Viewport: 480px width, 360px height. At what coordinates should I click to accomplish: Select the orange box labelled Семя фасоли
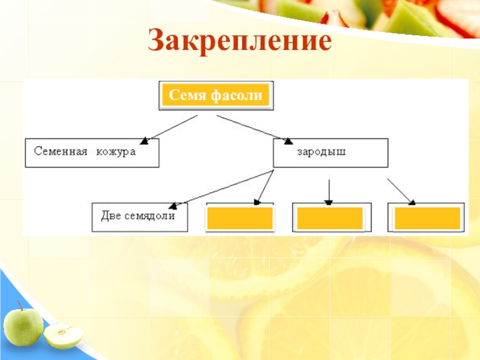(x=215, y=95)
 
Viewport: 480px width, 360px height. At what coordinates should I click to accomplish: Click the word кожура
(x=117, y=152)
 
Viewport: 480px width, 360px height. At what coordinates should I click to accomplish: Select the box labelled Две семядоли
(x=139, y=217)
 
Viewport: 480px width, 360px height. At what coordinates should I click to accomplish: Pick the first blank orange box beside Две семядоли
(x=239, y=218)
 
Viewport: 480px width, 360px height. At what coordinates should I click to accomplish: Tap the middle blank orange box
(x=330, y=218)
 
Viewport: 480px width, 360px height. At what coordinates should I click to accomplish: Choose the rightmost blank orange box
(x=427, y=218)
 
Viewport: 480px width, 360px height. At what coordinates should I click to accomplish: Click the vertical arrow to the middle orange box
(x=328, y=192)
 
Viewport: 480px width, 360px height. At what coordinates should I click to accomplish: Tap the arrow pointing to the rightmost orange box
(x=401, y=191)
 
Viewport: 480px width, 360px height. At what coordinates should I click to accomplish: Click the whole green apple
(x=23, y=323)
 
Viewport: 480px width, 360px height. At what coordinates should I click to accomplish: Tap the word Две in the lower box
(x=112, y=216)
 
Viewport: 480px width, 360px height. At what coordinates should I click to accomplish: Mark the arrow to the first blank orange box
(x=265, y=188)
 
